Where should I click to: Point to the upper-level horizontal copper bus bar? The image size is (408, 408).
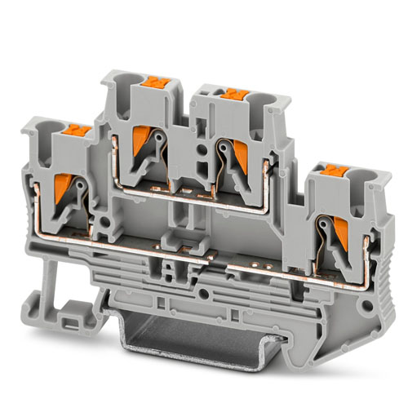click(196, 204)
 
